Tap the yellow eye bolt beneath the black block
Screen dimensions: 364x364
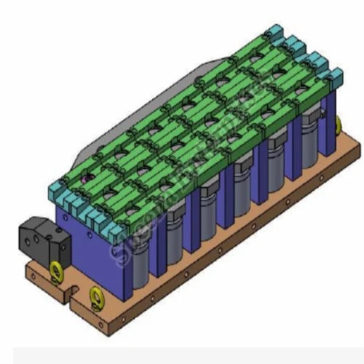point(55,271)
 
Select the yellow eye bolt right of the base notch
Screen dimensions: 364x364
point(95,296)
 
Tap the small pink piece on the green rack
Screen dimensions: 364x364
point(87,177)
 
